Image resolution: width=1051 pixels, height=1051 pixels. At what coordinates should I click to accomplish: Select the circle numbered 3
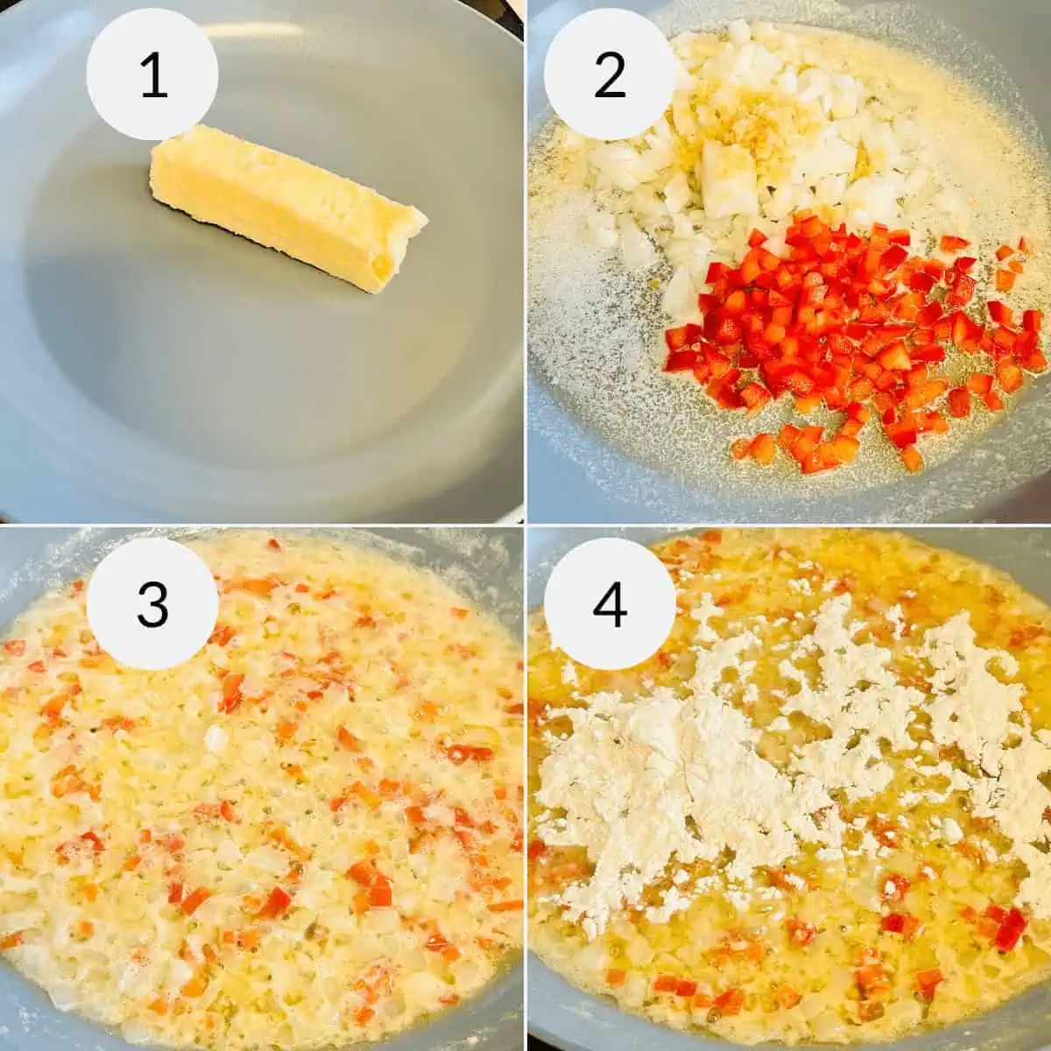(x=152, y=603)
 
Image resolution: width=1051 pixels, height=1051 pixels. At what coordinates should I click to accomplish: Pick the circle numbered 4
(x=610, y=603)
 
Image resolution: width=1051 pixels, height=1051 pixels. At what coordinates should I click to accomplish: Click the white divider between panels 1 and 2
(x=525, y=263)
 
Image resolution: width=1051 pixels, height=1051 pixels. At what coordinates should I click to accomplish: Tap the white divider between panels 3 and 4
(x=525, y=788)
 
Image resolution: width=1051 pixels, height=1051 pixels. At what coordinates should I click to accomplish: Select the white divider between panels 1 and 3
(x=263, y=525)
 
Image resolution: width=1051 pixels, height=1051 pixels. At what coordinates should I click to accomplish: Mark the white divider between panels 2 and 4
(x=788, y=525)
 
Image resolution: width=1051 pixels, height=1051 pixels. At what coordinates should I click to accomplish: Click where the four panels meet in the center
(x=525, y=525)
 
